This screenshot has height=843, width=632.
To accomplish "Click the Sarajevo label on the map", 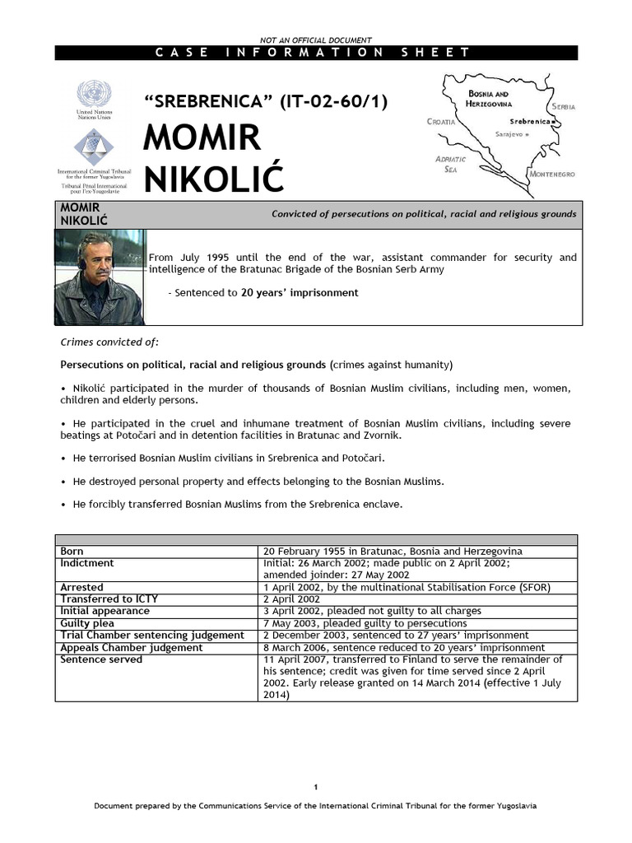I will [x=511, y=133].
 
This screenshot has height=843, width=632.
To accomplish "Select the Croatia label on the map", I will [x=442, y=121].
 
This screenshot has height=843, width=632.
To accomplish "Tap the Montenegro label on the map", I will [x=552, y=175].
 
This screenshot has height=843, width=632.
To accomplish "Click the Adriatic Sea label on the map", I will [x=451, y=163].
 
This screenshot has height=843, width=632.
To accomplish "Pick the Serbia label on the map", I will [x=564, y=107].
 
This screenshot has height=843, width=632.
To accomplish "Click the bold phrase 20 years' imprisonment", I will [x=300, y=292].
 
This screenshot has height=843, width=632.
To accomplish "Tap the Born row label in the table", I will [x=72, y=551].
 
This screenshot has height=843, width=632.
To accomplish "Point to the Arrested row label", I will [x=82, y=587].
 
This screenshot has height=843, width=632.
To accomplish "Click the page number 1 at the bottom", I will [x=316, y=786].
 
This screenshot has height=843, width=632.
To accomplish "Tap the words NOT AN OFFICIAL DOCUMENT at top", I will [x=316, y=40].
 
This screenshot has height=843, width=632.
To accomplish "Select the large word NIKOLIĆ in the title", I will [x=212, y=178].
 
